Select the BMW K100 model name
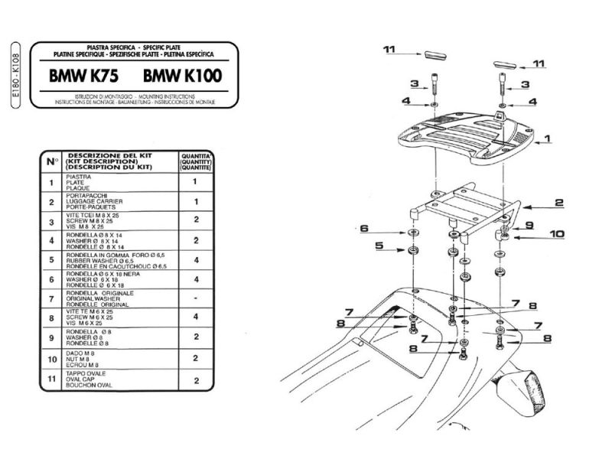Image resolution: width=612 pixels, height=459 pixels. point(181,76)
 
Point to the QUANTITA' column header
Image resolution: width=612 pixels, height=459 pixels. point(195,161)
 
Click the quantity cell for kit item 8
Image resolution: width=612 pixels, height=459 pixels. point(195,317)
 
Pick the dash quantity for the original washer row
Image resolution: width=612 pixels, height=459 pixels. point(195,297)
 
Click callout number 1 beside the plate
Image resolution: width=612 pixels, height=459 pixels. point(547,139)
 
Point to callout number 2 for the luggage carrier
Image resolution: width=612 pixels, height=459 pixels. point(558,203)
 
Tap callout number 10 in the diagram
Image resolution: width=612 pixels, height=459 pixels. point(555,234)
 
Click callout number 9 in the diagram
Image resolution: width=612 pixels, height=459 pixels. point(527,225)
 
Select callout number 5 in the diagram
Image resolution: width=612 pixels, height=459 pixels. point(378,246)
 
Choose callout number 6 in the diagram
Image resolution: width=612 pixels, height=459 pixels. point(363,228)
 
